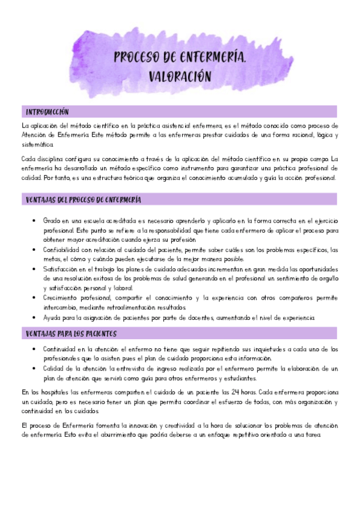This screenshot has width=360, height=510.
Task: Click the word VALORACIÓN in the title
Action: tap(180, 76)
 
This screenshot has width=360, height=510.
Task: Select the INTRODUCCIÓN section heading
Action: tap(47, 112)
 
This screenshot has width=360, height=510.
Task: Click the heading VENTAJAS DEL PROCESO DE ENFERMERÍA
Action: tap(84, 200)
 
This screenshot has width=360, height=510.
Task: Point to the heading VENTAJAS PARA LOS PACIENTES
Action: tap(71, 333)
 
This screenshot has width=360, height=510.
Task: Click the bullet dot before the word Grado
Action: tap(33, 221)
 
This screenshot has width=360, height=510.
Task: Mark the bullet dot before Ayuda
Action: tap(33, 318)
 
